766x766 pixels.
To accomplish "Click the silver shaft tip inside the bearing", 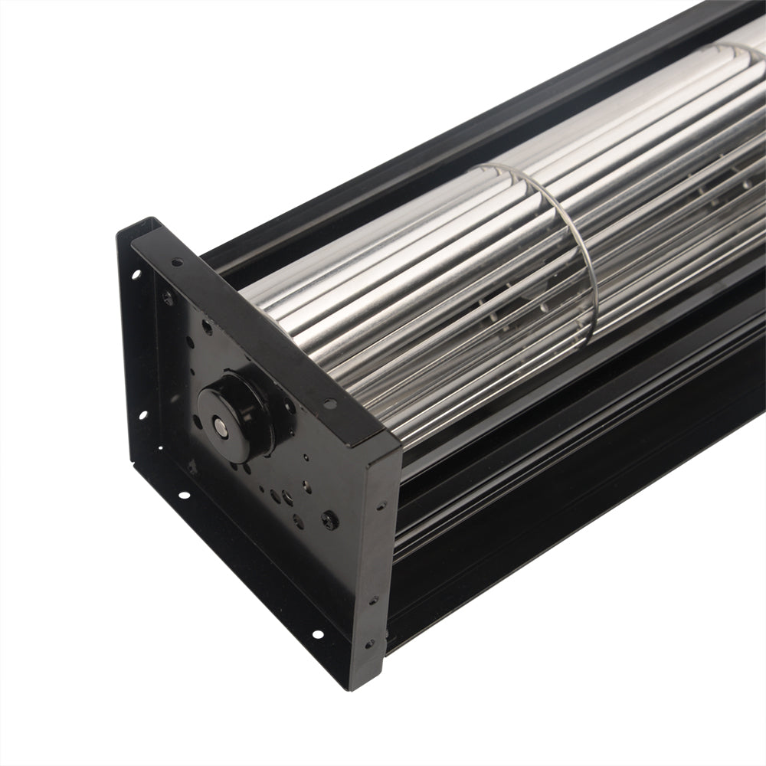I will coord(220,423).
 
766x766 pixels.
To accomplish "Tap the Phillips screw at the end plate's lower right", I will coord(330,520).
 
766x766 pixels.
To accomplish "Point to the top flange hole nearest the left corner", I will coord(177,262).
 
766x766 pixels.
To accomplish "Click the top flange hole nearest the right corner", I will coord(329,403).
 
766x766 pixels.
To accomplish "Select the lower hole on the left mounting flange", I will coord(142,415).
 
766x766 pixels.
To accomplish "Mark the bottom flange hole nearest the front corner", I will coord(316,634).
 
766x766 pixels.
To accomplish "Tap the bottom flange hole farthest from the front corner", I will coord(184,495).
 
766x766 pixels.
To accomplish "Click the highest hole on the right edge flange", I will coord(381,506).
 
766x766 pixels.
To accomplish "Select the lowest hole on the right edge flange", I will coord(370,643).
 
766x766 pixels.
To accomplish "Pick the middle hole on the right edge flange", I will coord(375,600).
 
